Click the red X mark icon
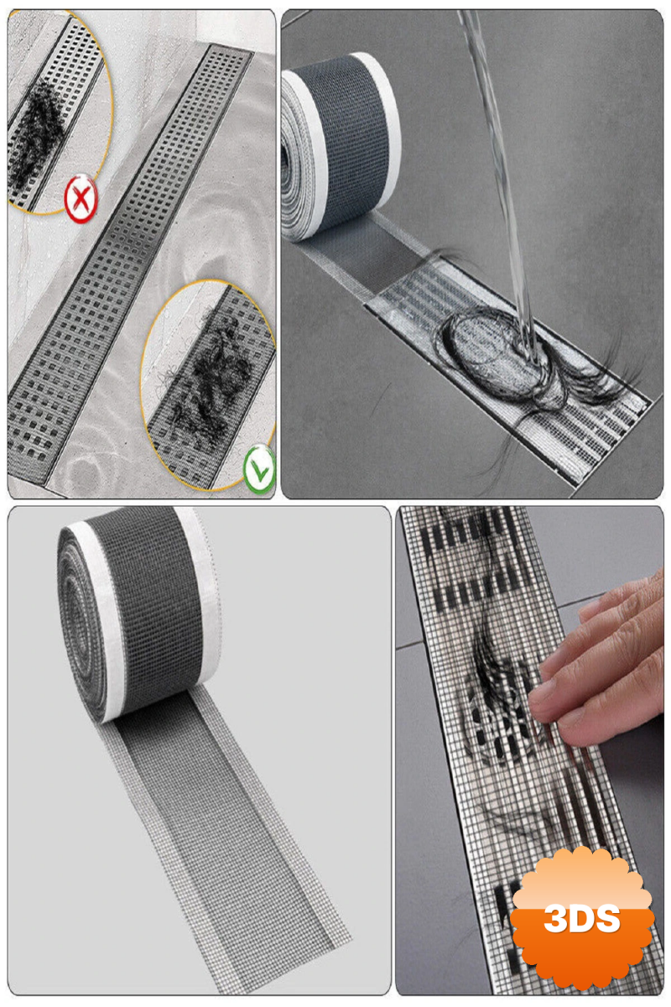pyautogui.click(x=81, y=198)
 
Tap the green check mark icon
pyautogui.click(x=259, y=470)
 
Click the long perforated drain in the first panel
pyautogui.click(x=130, y=265)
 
